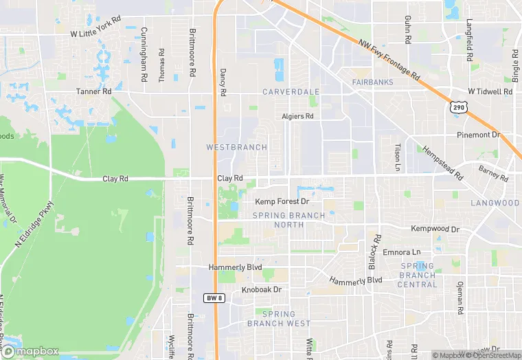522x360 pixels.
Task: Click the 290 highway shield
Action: point(459,106)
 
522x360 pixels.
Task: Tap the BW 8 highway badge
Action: point(214,297)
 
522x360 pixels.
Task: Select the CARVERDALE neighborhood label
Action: point(291,91)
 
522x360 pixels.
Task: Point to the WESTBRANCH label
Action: point(236,147)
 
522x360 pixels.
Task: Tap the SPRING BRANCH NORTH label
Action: point(288,220)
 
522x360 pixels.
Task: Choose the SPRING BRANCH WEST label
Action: point(278,319)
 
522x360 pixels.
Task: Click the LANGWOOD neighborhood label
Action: point(495,203)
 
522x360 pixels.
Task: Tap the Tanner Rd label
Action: point(93,91)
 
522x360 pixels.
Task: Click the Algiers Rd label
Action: point(297,117)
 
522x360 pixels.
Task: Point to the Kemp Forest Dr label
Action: point(282,202)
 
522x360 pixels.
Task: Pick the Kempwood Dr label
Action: point(435,228)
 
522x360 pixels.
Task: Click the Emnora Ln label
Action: point(401,253)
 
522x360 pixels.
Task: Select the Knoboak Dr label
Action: point(262,290)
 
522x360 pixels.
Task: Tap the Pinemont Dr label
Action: point(479,135)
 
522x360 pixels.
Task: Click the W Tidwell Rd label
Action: point(490,91)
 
